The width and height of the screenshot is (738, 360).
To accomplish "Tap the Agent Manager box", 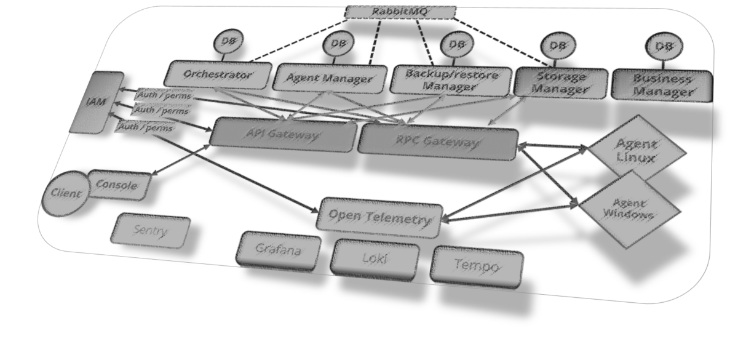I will tap(330, 78).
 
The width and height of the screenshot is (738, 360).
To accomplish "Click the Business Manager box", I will tap(662, 86).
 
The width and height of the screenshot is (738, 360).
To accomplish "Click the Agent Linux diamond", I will tap(636, 150).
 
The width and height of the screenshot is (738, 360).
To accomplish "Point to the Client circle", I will tap(65, 194).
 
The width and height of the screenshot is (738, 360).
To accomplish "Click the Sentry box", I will tap(150, 231).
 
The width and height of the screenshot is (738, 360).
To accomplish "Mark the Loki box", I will tap(375, 258).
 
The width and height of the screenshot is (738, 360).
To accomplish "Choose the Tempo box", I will tap(477, 265).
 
